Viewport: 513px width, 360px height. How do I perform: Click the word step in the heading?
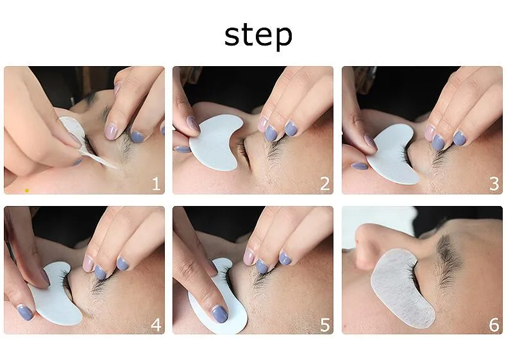click(x=258, y=35)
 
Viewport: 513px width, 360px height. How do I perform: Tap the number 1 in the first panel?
click(x=156, y=184)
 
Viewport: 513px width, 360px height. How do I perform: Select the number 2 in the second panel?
click(x=324, y=184)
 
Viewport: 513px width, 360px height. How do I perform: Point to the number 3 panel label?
click(x=494, y=184)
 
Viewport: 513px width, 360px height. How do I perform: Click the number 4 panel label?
click(x=156, y=325)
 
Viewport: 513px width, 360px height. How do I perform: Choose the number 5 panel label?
click(x=325, y=325)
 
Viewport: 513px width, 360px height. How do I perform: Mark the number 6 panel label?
click(x=494, y=325)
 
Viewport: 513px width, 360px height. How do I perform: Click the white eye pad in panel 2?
click(x=214, y=142)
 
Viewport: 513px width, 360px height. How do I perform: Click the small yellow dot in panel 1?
click(x=27, y=191)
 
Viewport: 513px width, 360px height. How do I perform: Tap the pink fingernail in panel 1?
click(x=111, y=132)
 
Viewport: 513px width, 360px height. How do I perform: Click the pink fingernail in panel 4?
click(x=88, y=264)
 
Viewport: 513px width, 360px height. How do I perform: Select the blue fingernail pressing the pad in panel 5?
click(x=219, y=314)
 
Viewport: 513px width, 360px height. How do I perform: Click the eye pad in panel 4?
click(x=56, y=295)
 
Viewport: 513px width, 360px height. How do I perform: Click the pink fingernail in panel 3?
click(x=429, y=132)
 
